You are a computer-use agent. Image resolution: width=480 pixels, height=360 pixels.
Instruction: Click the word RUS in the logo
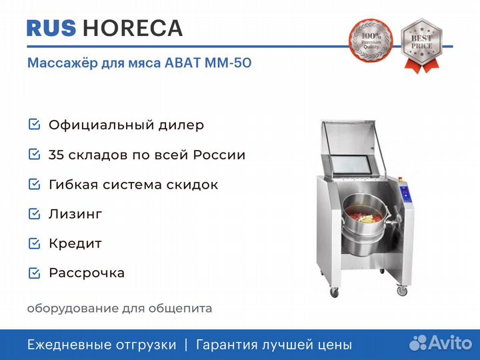tap(51, 28)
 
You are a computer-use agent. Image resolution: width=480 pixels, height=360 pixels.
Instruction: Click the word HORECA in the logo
tap(133, 28)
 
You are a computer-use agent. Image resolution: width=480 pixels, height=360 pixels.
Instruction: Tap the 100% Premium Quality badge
tap(371, 41)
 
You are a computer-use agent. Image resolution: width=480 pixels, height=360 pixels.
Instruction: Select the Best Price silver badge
tap(422, 45)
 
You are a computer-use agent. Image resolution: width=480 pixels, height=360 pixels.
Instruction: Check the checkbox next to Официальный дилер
tap(34, 125)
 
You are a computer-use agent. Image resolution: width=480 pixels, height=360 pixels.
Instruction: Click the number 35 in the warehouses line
tap(56, 155)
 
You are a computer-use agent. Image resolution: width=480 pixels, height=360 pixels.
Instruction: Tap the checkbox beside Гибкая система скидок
tap(34, 184)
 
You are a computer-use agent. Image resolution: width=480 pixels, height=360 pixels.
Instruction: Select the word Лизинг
tap(75, 214)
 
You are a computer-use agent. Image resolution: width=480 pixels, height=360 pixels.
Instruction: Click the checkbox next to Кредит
tap(34, 243)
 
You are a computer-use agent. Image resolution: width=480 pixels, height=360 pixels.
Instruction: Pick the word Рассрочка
tap(87, 273)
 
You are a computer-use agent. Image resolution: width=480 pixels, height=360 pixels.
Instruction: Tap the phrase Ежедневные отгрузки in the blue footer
tap(101, 345)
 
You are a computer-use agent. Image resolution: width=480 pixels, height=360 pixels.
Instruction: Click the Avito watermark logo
tap(441, 343)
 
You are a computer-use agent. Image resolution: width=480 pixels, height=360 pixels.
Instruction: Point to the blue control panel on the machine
tap(405, 195)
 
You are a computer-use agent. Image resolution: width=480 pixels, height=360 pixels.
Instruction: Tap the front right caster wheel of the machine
tap(402, 290)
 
